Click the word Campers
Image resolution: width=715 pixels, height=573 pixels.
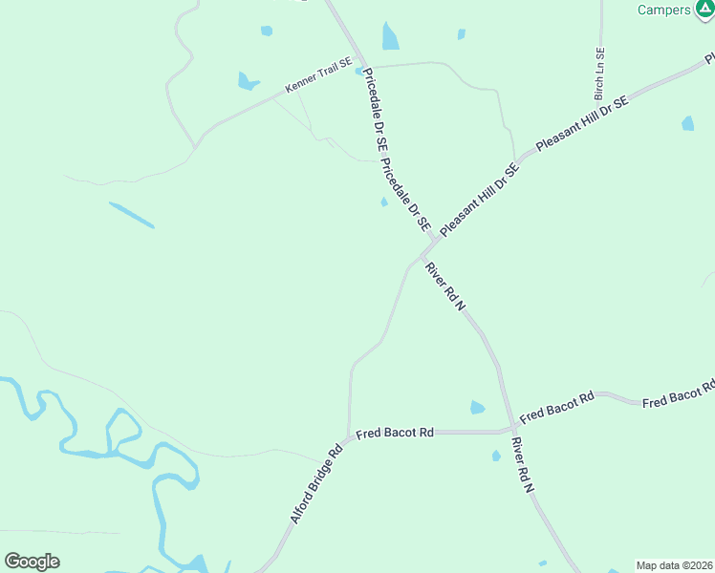pos(663,10)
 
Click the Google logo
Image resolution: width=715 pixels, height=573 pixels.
pos(32,562)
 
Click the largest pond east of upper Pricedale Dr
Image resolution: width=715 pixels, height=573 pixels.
pos(390,36)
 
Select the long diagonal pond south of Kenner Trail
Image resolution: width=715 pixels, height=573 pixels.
pos(131,215)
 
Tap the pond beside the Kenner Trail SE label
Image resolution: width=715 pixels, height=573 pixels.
pos(248,81)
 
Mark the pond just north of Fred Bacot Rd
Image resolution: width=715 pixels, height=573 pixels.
pos(477,408)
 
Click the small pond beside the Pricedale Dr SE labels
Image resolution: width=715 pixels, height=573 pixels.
pos(384,202)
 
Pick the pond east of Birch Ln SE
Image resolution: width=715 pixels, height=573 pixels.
pos(687,123)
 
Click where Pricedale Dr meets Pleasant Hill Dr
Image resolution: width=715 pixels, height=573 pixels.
pos(437,239)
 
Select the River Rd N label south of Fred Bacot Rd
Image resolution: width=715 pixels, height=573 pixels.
pos(522,465)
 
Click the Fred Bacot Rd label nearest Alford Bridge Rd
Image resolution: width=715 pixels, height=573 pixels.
pos(395,434)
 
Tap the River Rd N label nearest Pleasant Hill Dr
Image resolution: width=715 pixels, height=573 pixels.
pos(445,286)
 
